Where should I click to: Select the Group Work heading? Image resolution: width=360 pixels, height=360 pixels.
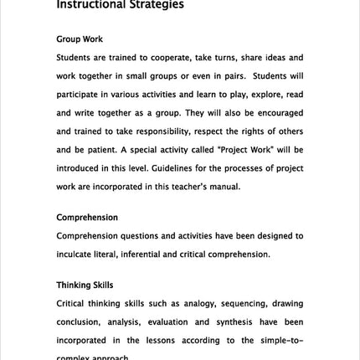click(80, 39)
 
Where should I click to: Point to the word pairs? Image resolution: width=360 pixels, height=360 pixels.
click(224, 76)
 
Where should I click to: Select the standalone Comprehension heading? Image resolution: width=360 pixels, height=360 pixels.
click(87, 218)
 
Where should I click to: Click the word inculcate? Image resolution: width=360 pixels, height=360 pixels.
click(76, 255)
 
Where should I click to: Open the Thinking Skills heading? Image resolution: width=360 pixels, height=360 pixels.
click(85, 285)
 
